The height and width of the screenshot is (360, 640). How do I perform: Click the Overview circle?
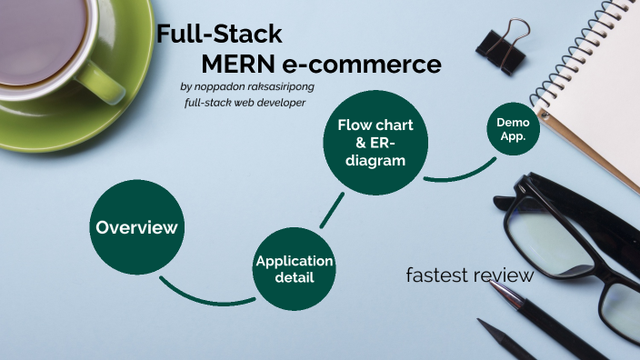coord(136,227)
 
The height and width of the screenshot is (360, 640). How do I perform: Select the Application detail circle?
coord(295,268)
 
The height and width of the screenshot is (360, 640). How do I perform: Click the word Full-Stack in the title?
coord(219,35)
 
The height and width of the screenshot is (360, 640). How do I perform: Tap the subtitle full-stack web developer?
coord(245,103)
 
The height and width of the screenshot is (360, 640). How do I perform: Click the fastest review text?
coord(469,275)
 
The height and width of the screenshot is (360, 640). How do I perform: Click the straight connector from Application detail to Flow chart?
coord(331,211)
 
